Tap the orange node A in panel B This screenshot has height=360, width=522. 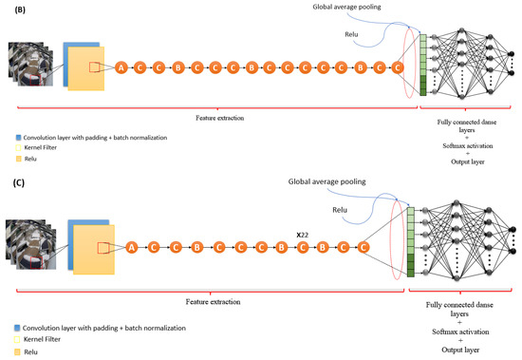coord(121,67)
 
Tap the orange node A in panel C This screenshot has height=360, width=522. coord(132,247)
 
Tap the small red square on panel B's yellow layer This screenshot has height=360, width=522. coord(95,66)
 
